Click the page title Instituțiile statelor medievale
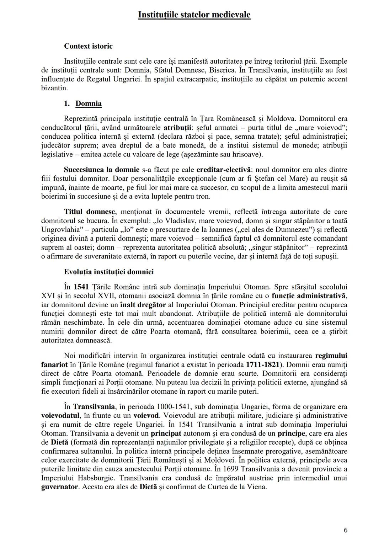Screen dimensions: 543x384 pos(194,15)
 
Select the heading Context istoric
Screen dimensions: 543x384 pos(88,46)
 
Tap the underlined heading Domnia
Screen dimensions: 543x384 pos(89,103)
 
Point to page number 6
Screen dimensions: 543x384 pos(346,530)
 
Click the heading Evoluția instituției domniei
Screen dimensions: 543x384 pos(109,272)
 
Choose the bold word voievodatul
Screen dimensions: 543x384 pos(60,415)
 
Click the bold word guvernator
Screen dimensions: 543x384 pos(59,487)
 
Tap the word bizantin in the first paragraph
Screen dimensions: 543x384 pos(54,88)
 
